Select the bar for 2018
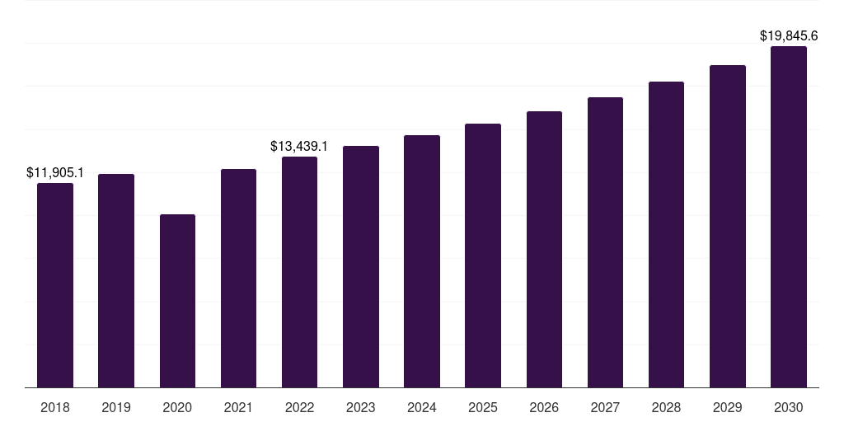coord(55,285)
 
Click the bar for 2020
coord(178,301)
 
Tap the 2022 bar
coord(299,272)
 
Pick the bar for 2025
coord(483,256)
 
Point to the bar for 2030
coord(789,217)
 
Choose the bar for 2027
coord(605,242)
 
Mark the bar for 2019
coord(116,280)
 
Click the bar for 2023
coord(361,266)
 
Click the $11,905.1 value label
coord(55,173)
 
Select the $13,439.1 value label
coord(298,147)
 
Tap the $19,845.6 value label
coord(789,36)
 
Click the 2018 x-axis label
coord(55,407)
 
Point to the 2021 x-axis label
coord(238,407)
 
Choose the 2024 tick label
coord(422,407)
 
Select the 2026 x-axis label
coord(544,407)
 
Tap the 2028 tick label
coord(666,407)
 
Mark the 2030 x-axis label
coord(789,407)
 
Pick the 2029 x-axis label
coord(728,407)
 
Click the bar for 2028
coord(666,235)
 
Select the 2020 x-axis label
coord(178,407)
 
